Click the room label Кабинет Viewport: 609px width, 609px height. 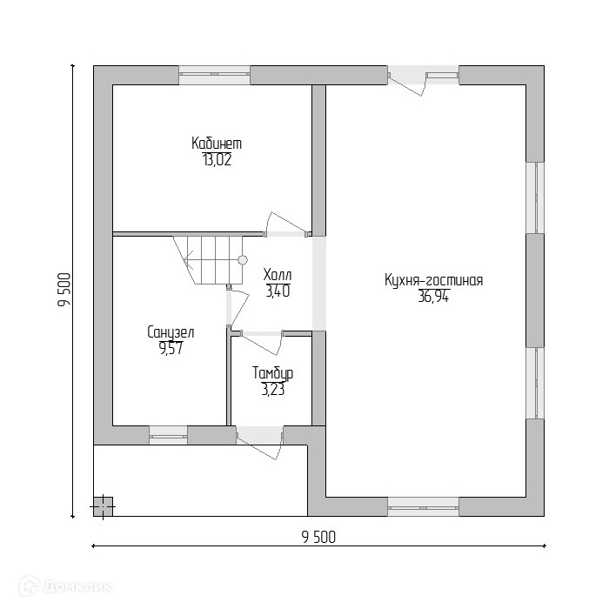click(217, 144)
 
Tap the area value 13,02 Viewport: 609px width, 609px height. click(217, 159)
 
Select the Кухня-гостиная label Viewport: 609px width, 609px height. click(433, 281)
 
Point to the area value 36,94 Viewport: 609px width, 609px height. click(433, 297)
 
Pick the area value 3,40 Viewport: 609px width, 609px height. click(278, 291)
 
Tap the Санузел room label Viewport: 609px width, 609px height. click(171, 332)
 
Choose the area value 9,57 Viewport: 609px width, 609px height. click(171, 348)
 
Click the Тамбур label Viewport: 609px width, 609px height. click(272, 374)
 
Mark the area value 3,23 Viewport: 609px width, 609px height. click(272, 390)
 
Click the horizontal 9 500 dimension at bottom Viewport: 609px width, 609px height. click(318, 537)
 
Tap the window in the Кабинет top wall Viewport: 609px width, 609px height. click(214, 75)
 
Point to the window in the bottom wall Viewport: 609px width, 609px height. click(423, 506)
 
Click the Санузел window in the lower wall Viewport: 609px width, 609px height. click(168, 432)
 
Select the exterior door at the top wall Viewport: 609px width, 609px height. click(407, 77)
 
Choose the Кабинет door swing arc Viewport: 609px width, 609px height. click(287, 223)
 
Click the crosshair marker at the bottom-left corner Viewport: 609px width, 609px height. click(102, 505)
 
